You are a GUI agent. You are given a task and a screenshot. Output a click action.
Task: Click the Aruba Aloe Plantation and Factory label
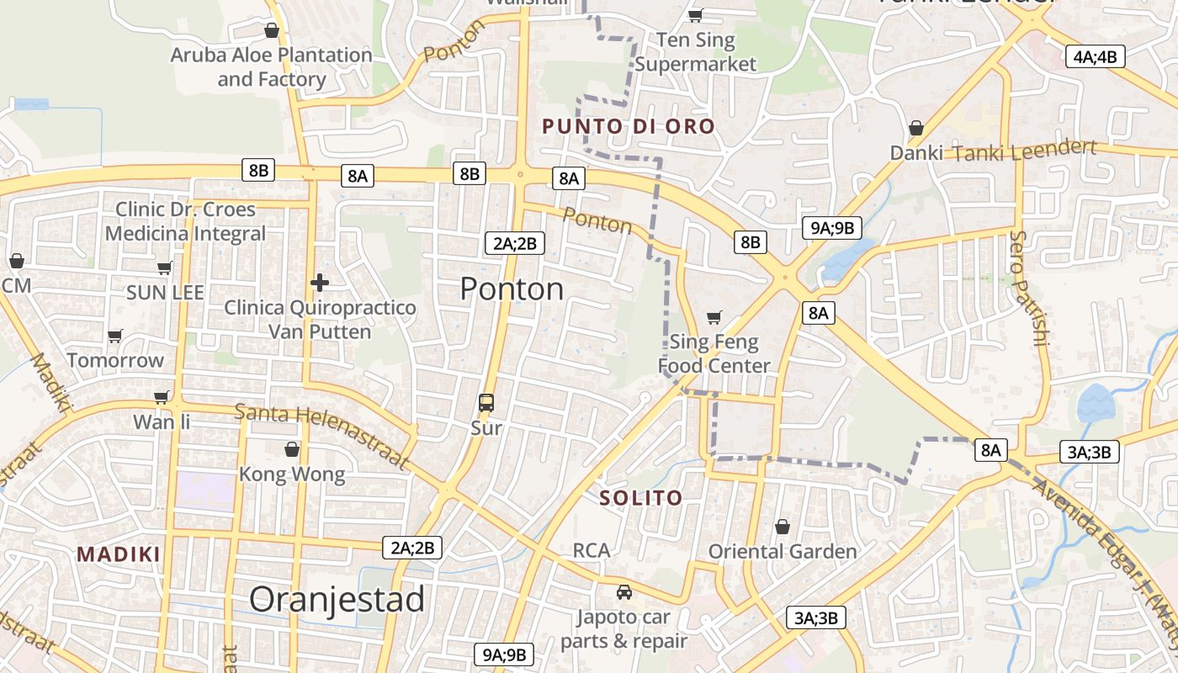[271, 67]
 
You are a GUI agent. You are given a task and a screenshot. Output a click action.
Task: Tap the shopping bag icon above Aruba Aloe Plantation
[272, 31]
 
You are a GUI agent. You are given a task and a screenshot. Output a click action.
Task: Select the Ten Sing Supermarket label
[696, 52]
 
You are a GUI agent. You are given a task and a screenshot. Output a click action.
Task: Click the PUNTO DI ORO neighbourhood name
[629, 127]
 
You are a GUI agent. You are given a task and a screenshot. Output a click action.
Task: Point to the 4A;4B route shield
[1096, 57]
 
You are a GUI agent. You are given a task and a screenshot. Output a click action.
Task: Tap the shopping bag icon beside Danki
[916, 129]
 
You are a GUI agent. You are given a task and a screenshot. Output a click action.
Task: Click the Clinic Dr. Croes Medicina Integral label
[185, 221]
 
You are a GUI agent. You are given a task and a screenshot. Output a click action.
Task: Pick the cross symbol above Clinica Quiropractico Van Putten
[320, 283]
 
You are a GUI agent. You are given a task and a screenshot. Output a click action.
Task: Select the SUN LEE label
[165, 293]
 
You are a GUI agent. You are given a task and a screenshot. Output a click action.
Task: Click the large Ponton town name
[512, 289]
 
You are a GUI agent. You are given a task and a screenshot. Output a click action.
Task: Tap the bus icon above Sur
[486, 403]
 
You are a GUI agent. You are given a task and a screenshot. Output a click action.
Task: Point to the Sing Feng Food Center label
[714, 354]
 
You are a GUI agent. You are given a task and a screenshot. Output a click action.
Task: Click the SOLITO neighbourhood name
[641, 498]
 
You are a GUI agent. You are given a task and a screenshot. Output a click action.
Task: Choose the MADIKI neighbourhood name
[119, 554]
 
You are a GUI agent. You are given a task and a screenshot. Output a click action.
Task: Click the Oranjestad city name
[337, 600]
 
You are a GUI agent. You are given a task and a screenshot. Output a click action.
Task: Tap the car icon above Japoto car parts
[624, 592]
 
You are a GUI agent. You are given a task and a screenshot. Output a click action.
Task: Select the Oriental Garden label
[783, 552]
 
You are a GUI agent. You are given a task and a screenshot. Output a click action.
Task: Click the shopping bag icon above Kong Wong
[292, 449]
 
